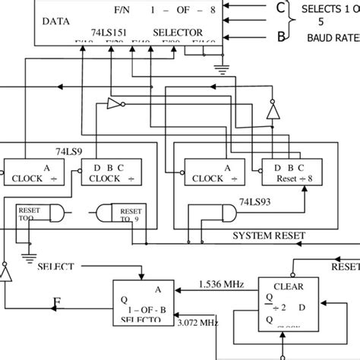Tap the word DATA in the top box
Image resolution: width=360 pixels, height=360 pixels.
(x=57, y=21)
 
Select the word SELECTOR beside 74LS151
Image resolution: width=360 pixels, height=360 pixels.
(x=177, y=33)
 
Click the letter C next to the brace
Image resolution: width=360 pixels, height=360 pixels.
(x=259, y=8)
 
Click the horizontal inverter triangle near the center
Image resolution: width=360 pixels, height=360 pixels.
(x=115, y=104)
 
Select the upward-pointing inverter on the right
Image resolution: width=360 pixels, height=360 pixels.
(x=272, y=112)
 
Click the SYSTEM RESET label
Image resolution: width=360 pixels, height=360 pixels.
(x=270, y=235)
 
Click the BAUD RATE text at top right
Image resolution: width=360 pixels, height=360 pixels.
(x=333, y=36)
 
